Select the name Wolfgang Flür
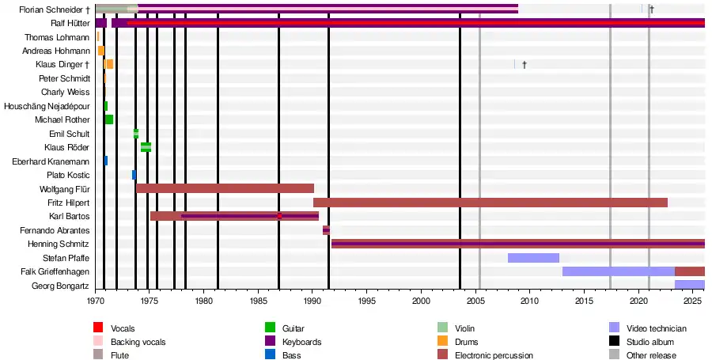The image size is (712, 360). pos(64,189)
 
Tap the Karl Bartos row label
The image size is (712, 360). pos(70,217)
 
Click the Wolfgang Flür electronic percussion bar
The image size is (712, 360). pos(225,189)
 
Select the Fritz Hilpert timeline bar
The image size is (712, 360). pos(490,203)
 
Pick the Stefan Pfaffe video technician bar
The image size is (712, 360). pos(533,258)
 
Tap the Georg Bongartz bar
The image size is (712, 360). pos(689,285)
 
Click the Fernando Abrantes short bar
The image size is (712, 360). pos(326,230)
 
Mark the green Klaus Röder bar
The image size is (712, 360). pos(146,147)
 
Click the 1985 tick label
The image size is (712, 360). pos(258,301)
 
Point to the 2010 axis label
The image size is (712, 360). pos(530,301)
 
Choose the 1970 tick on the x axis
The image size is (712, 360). pos(96,301)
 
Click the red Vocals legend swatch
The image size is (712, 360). pos(98,328)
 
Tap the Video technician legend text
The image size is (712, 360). pos(656,328)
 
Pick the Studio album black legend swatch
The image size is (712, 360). pos(613,342)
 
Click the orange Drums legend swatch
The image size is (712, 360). pos(443,342)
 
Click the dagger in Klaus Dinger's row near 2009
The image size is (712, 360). pos(524,65)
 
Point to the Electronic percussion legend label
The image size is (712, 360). pos(494,356)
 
